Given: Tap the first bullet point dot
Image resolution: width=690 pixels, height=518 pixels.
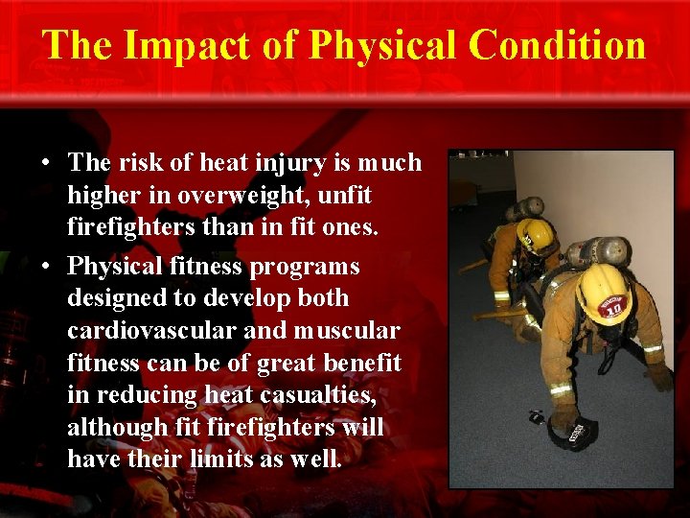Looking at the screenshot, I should [46, 164].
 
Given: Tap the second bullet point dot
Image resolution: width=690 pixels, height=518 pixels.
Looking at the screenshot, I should [46, 267].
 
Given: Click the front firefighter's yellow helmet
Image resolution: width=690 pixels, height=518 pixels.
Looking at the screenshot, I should [603, 292].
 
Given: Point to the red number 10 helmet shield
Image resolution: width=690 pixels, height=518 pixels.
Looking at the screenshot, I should [610, 306].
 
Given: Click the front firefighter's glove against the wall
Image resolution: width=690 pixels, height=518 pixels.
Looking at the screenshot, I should [658, 376].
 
